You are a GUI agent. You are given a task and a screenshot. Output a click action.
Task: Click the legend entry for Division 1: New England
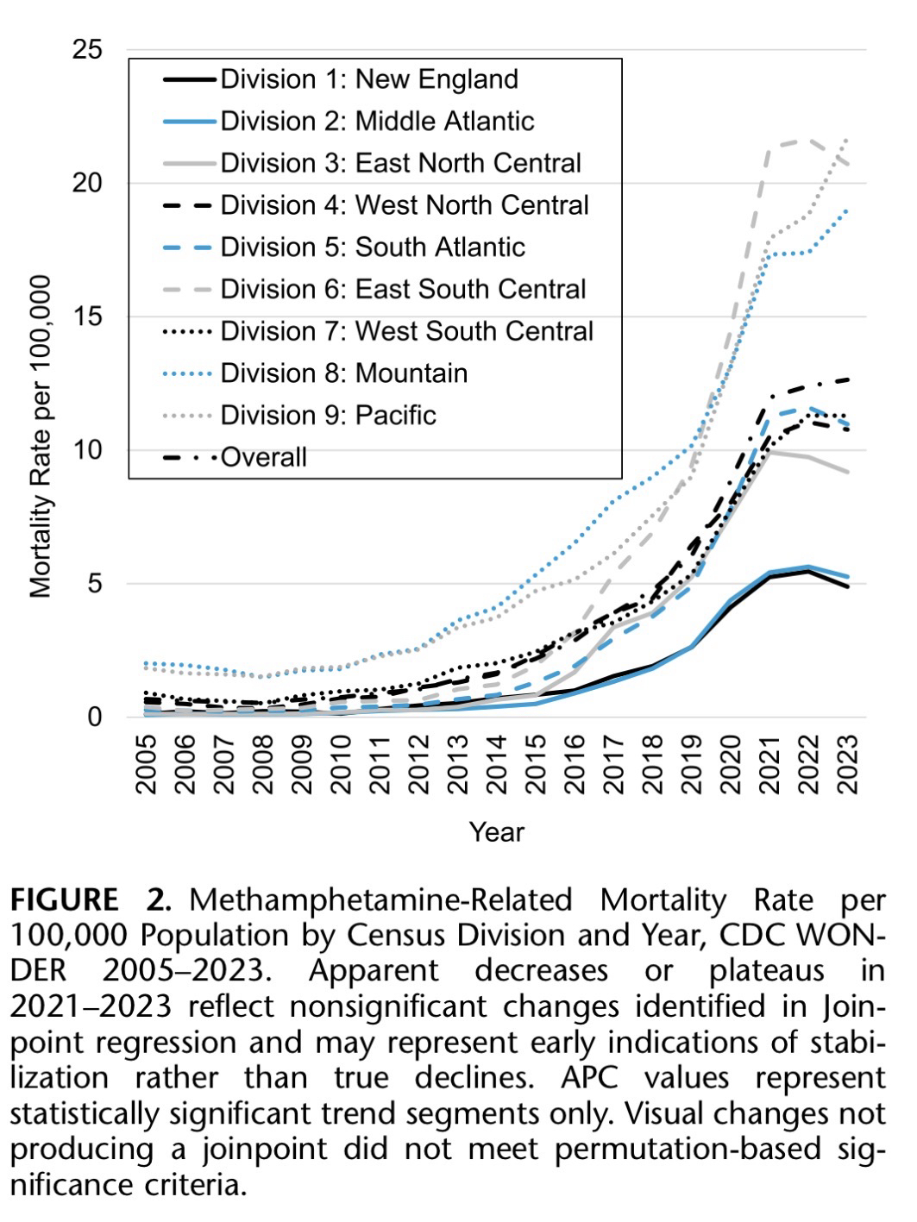(x=369, y=79)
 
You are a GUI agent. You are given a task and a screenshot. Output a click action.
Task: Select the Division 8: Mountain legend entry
(x=343, y=373)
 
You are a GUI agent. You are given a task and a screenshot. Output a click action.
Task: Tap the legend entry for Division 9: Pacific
(x=328, y=415)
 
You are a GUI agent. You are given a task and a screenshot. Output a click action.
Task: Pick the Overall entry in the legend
(x=263, y=457)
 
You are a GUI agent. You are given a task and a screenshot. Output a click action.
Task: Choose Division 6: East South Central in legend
(x=403, y=289)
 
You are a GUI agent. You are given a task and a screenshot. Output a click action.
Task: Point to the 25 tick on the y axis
(x=86, y=50)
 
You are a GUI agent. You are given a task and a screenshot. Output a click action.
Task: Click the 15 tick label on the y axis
(x=86, y=316)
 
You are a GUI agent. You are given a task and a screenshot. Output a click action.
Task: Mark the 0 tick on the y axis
(x=93, y=717)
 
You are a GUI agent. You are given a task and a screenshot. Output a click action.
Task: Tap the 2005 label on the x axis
(x=145, y=764)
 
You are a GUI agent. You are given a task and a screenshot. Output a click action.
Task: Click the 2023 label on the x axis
(x=849, y=764)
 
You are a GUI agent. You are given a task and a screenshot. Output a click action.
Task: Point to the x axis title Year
(x=496, y=832)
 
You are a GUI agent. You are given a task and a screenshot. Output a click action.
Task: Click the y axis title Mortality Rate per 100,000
(x=41, y=436)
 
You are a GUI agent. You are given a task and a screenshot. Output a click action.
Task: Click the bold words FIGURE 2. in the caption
(x=91, y=900)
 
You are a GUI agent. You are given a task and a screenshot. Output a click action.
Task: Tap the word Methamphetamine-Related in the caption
(x=380, y=900)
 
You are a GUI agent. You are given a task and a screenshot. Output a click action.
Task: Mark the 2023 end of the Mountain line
(x=849, y=210)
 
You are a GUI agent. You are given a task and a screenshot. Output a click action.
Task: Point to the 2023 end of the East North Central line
(x=849, y=472)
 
